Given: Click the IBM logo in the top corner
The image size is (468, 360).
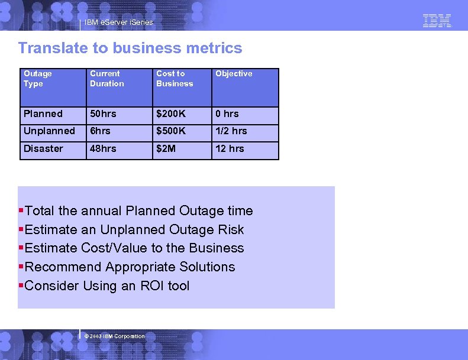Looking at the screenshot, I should (437, 21).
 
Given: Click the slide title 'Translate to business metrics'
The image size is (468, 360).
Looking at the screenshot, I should (130, 48).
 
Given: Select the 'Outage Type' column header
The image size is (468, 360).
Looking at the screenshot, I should (38, 79).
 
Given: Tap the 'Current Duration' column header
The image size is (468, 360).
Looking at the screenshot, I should (107, 79).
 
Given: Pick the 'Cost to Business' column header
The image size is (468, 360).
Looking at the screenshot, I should (175, 79).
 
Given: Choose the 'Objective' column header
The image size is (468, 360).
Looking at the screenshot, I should (234, 74).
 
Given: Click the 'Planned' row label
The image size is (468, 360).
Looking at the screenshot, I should (43, 113).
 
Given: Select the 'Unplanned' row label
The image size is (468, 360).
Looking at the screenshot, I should (49, 131).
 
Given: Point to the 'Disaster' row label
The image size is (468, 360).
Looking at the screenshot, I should (43, 148).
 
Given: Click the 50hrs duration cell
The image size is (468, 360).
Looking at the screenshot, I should (103, 113).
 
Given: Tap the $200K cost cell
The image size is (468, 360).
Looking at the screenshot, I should (171, 113).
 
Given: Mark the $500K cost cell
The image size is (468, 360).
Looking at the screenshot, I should (171, 131).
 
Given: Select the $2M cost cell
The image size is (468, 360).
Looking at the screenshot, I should (166, 148).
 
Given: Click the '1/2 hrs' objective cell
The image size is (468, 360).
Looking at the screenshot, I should (231, 131).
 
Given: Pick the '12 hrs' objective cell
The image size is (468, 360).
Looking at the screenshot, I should (230, 148).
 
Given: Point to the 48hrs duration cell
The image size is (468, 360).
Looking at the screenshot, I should (103, 148).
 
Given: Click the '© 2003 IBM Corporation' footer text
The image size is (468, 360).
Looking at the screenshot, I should (115, 336).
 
